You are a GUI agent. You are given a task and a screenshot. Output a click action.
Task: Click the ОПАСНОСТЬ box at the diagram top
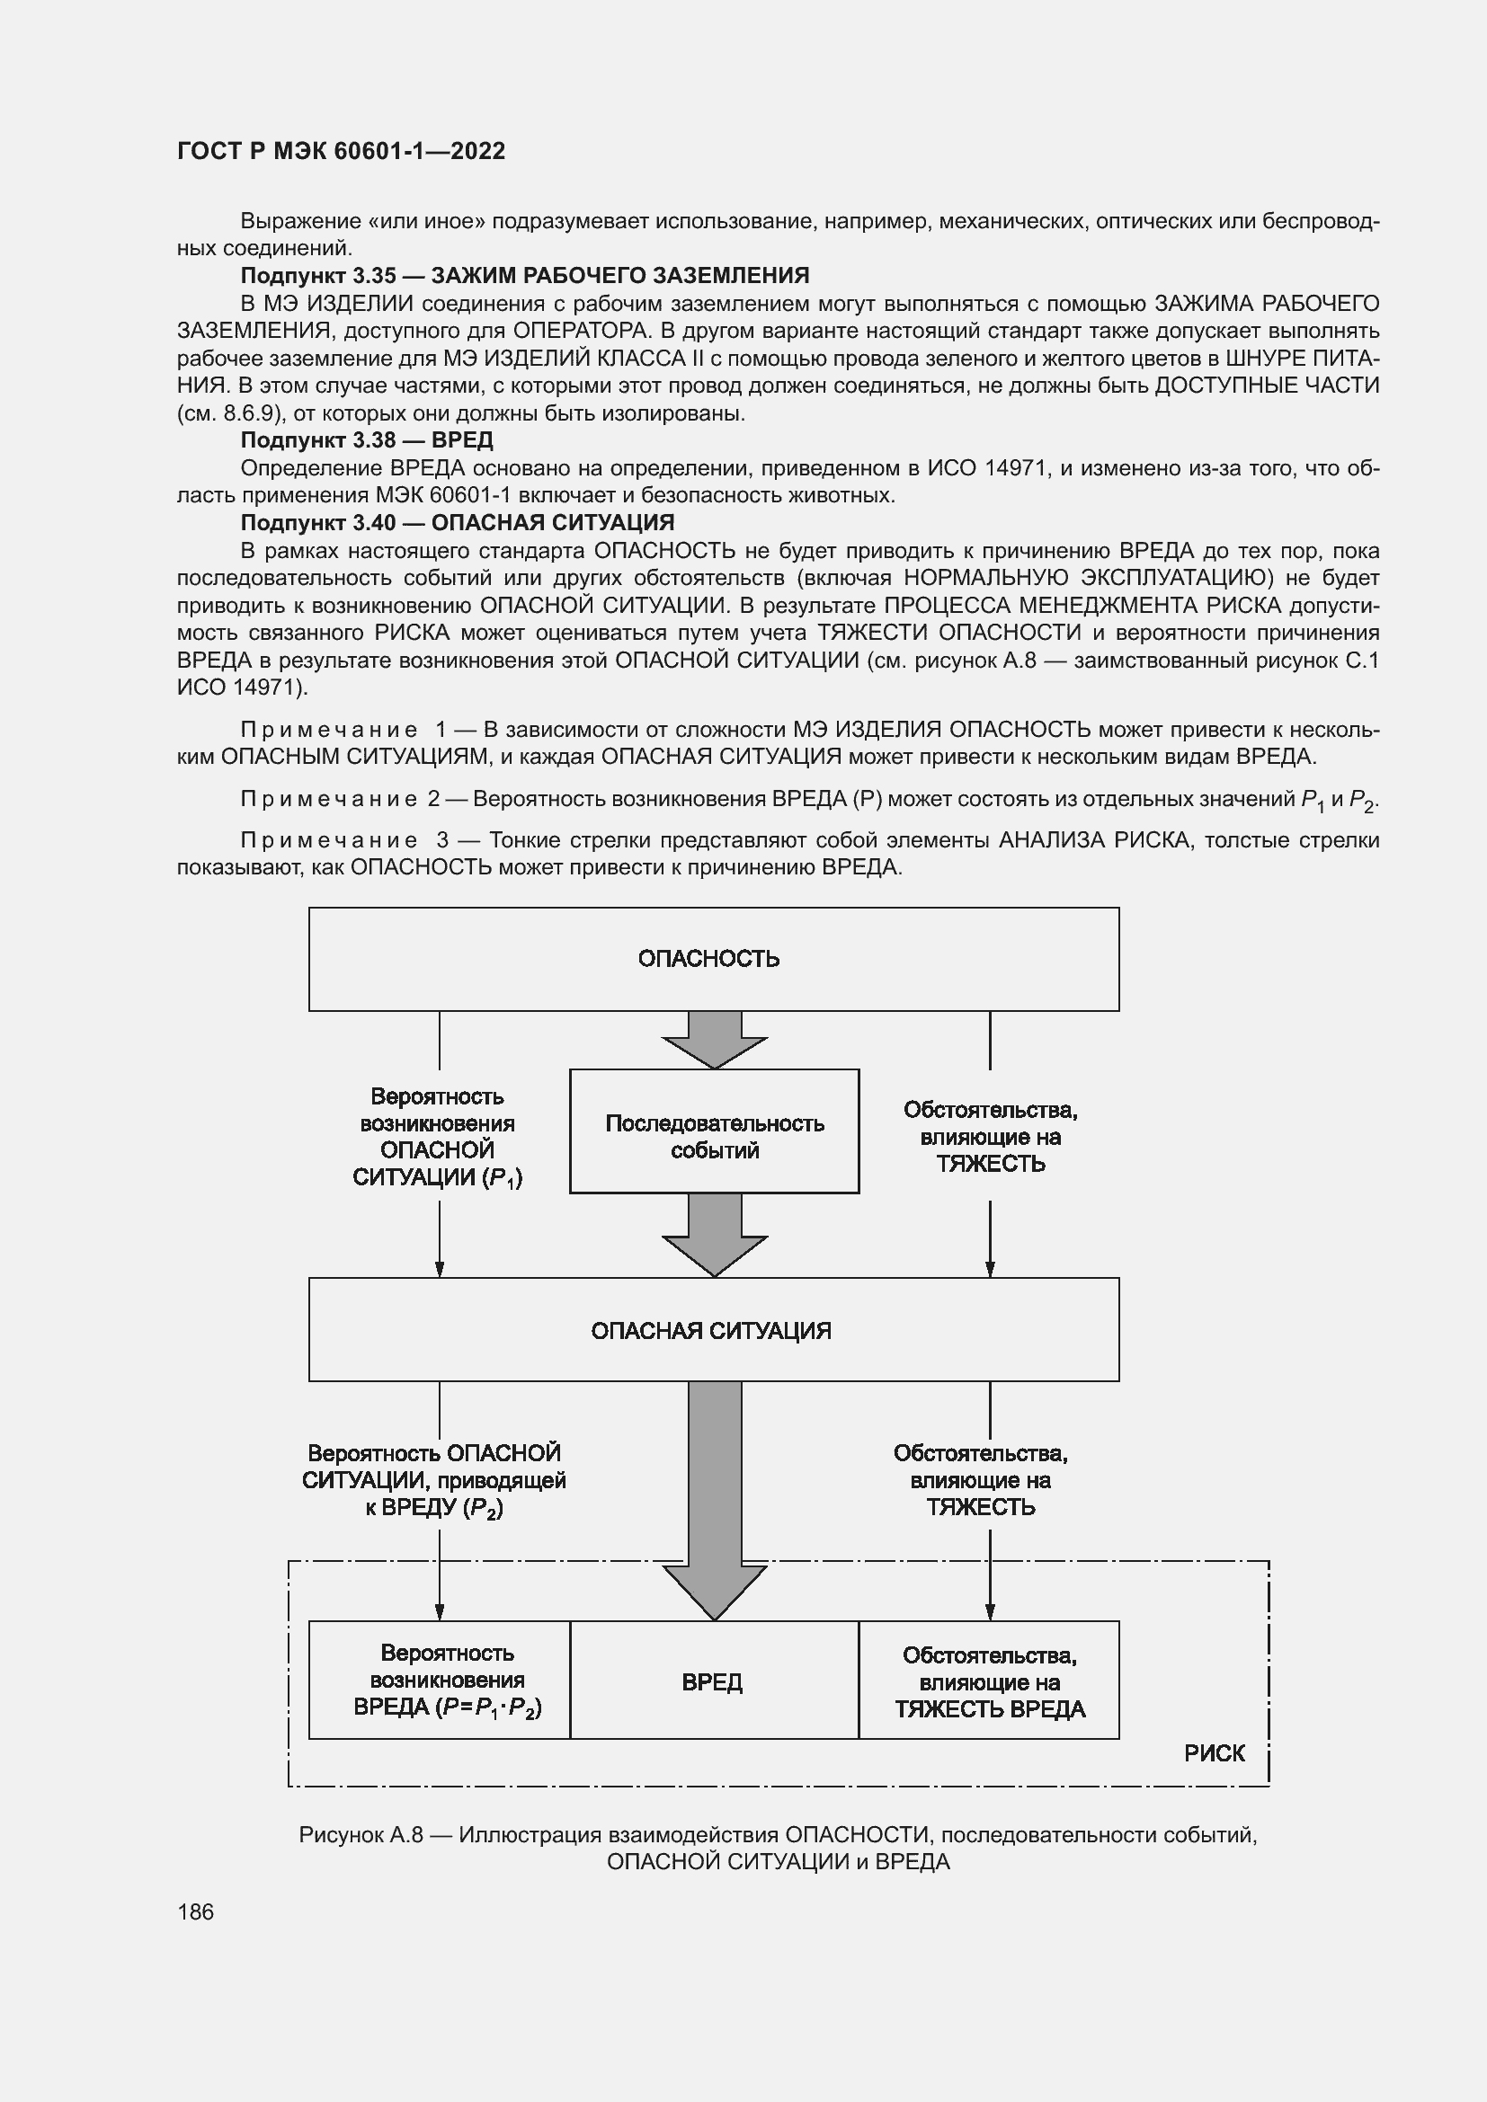[x=713, y=959]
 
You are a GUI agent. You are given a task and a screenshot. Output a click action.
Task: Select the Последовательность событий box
[x=714, y=1131]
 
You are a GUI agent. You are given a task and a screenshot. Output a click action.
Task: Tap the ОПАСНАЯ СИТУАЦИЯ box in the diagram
[x=713, y=1330]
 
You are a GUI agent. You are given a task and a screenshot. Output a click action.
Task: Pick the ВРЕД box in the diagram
[x=713, y=1681]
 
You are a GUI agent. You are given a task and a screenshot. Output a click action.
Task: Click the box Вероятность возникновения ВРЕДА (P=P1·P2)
[x=440, y=1681]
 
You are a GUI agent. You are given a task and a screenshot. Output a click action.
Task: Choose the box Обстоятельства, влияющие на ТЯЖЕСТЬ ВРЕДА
[x=989, y=1681]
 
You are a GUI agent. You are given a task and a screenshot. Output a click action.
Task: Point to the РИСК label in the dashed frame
[x=1214, y=1753]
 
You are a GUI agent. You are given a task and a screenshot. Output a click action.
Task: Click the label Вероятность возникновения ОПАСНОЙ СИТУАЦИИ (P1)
[x=438, y=1137]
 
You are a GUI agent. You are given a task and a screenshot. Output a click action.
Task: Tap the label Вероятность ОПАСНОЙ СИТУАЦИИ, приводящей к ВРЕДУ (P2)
[x=434, y=1480]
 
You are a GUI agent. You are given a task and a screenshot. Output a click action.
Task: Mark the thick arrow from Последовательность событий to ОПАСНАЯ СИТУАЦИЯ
[x=714, y=1236]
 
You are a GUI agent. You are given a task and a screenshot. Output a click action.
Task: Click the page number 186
[x=195, y=1911]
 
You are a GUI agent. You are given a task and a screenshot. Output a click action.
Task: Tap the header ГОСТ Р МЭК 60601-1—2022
[x=341, y=151]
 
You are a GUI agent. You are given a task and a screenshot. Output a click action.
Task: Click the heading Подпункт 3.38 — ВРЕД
[x=366, y=440]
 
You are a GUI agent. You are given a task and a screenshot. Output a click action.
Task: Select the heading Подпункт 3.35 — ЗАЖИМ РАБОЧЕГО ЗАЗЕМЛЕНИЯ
[x=525, y=276]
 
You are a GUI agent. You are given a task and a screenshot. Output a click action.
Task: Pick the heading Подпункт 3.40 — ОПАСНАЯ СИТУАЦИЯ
[x=457, y=523]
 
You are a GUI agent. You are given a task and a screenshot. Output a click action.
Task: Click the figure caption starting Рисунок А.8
[x=778, y=1849]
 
